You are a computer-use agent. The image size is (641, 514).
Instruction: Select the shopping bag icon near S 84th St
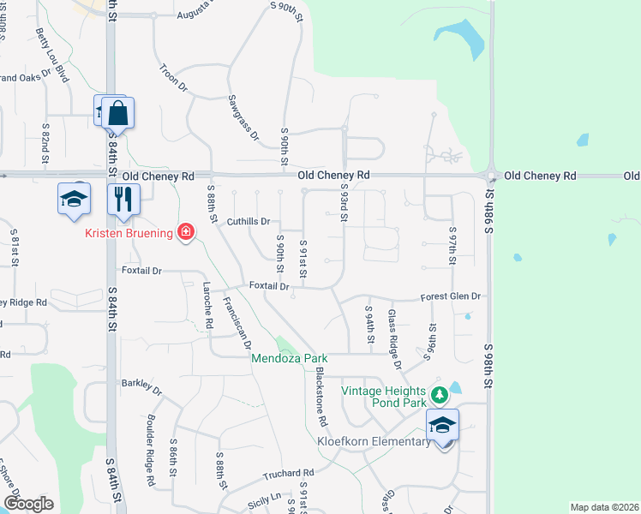117,113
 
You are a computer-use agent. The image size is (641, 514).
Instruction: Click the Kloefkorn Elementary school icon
442,424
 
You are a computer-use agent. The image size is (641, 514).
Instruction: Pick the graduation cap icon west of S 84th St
74,199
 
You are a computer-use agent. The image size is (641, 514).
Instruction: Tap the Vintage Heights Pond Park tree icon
440,394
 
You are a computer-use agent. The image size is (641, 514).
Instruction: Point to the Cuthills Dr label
249,221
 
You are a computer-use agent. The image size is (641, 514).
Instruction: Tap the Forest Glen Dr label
452,296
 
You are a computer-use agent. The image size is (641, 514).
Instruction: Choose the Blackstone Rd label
320,397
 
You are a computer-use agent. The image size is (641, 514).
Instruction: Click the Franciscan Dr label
236,325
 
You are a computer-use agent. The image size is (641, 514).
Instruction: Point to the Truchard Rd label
289,473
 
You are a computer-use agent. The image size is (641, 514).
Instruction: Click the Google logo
28,504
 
